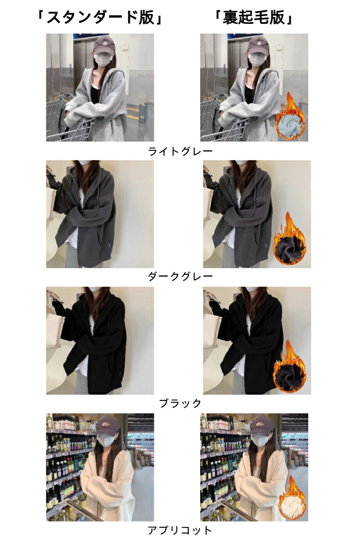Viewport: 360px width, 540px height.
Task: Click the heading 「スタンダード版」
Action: [99, 18]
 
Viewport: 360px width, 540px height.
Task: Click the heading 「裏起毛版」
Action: [254, 18]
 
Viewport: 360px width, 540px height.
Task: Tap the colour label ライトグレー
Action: [180, 151]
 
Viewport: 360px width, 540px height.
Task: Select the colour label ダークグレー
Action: [180, 276]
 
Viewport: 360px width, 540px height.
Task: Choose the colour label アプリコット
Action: [180, 530]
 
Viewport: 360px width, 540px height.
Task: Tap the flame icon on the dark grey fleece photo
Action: [289, 238]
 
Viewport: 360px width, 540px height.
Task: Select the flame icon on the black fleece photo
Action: [289, 366]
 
